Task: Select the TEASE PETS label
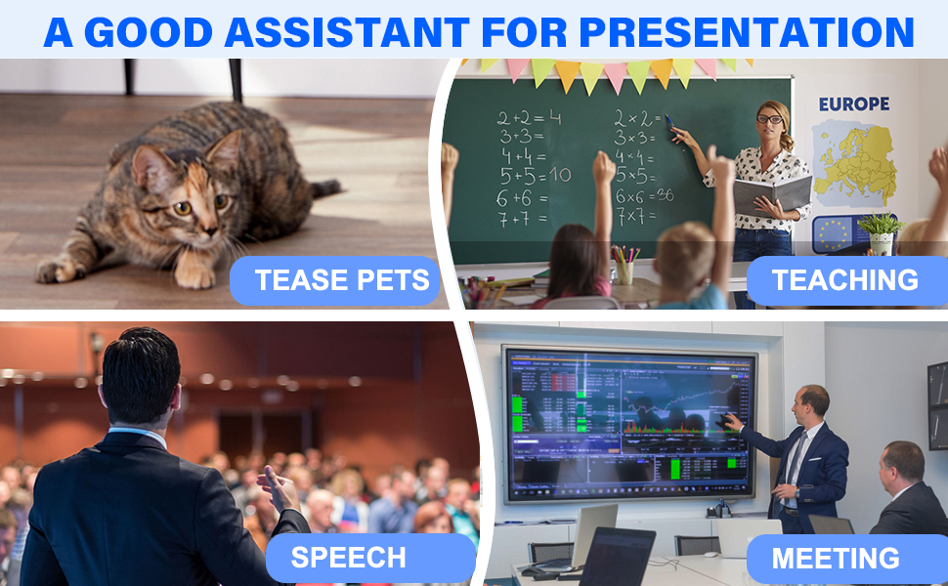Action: (341, 281)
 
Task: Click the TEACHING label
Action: (844, 281)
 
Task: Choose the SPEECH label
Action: (348, 558)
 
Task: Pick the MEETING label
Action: (835, 559)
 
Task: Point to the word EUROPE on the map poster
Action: (853, 104)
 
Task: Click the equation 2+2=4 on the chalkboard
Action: (529, 118)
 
